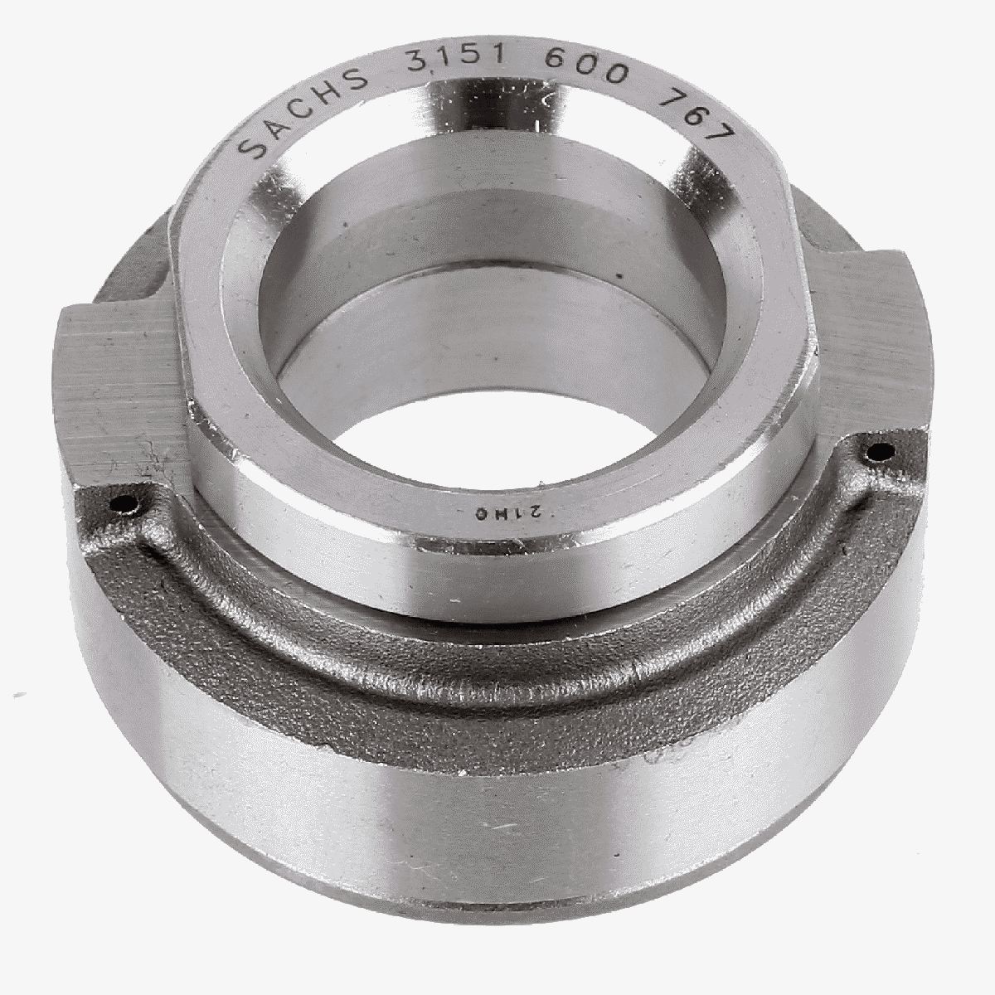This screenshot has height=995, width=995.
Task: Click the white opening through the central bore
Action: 489,415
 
